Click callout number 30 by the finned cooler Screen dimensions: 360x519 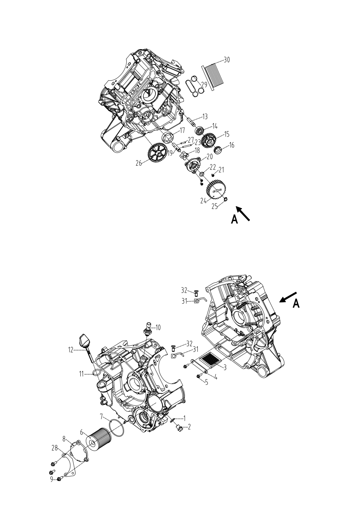[226, 60]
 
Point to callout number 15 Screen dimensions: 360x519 [226, 134]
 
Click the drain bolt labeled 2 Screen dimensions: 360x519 [179, 429]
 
